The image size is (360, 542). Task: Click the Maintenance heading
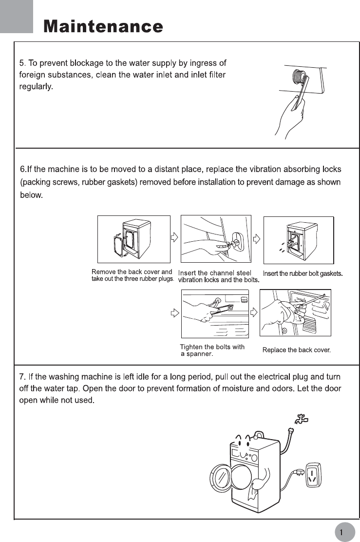(103, 26)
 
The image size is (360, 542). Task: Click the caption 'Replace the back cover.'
(296, 350)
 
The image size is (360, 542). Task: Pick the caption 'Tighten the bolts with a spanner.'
(212, 350)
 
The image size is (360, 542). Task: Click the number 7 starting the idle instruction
(21, 378)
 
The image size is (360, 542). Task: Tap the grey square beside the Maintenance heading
(17, 17)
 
